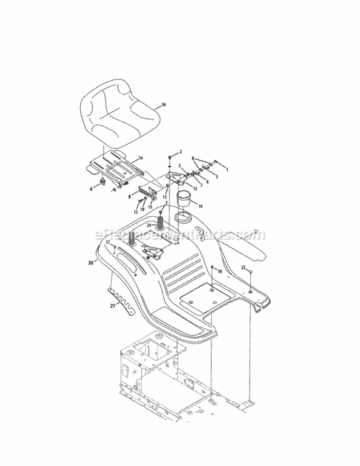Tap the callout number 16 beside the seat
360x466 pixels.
(x=164, y=106)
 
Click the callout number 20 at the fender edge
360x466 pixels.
(x=91, y=263)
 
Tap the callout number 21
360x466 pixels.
(x=112, y=306)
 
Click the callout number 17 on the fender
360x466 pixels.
(x=107, y=242)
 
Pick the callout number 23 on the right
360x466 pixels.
(x=243, y=267)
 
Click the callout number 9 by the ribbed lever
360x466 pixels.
(x=129, y=196)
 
